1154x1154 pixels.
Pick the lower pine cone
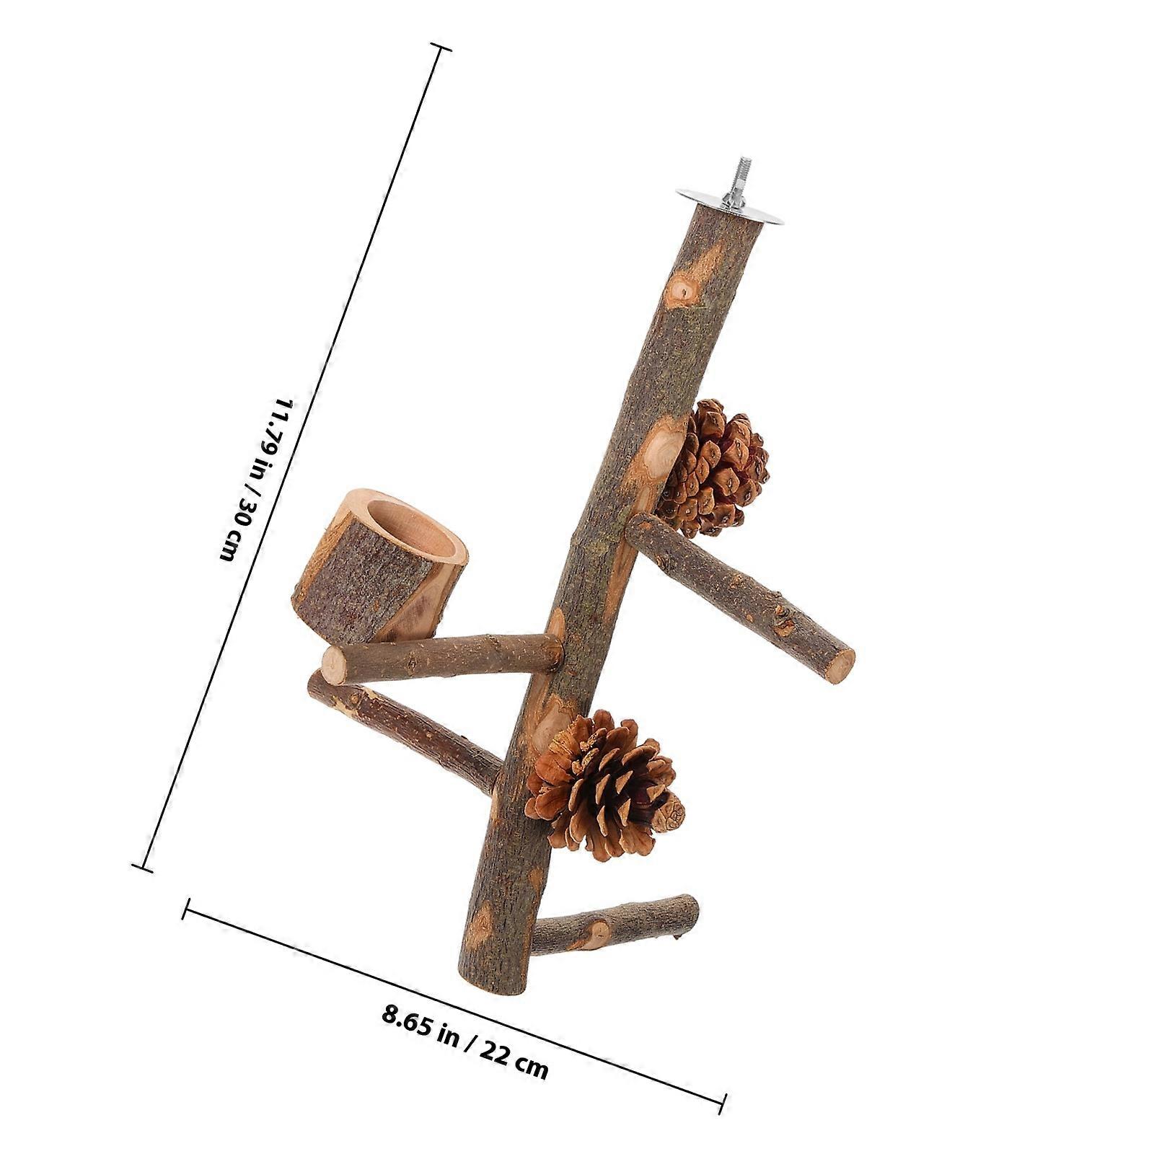tap(603, 787)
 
